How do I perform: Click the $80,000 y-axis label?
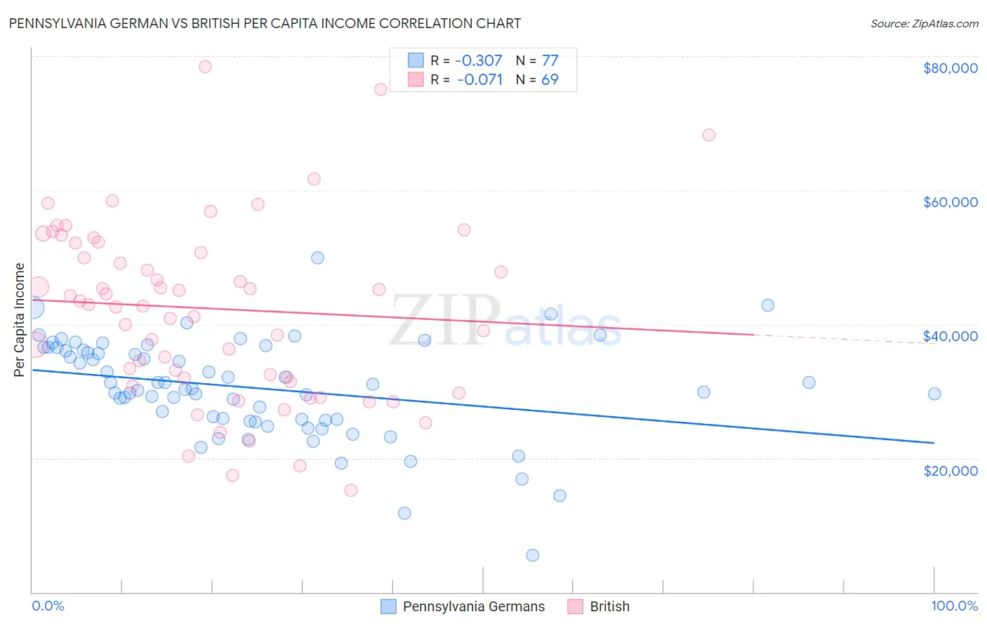[950, 68]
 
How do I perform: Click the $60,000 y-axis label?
[950, 202]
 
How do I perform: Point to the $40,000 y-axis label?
[950, 336]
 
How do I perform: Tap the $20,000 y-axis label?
[950, 470]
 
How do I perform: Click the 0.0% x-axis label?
[48, 606]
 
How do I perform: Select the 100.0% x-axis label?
[954, 606]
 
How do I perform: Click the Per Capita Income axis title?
[20, 319]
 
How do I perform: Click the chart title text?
[265, 23]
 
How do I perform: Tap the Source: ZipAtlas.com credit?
[924, 23]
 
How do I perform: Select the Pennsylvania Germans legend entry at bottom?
[463, 606]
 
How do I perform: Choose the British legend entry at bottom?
[599, 606]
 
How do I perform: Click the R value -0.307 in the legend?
[479, 60]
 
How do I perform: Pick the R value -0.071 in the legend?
[479, 79]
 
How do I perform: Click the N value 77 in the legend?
[550, 60]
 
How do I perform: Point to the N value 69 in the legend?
[550, 79]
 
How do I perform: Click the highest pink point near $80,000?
[205, 67]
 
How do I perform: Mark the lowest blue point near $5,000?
[532, 555]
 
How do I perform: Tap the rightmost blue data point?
[934, 394]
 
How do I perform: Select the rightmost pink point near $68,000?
[708, 135]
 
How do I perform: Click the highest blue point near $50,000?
[317, 258]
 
